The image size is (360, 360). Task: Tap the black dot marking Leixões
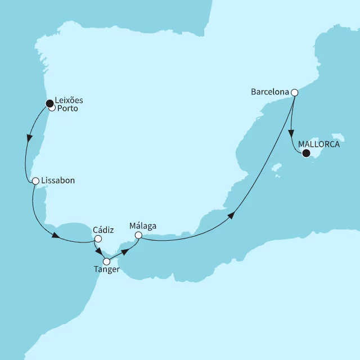(x=49, y=103)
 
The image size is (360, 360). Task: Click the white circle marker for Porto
(x=52, y=108)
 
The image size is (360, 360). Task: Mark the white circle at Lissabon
(x=35, y=181)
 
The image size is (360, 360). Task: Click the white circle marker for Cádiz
(x=98, y=238)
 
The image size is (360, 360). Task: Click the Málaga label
(x=142, y=226)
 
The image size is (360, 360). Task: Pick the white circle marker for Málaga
(x=138, y=236)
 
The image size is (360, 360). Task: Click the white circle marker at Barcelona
(x=294, y=92)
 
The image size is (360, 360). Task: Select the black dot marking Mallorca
(x=306, y=152)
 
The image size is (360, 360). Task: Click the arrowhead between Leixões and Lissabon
(x=29, y=138)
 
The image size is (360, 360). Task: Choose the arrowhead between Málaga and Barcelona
(x=231, y=215)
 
